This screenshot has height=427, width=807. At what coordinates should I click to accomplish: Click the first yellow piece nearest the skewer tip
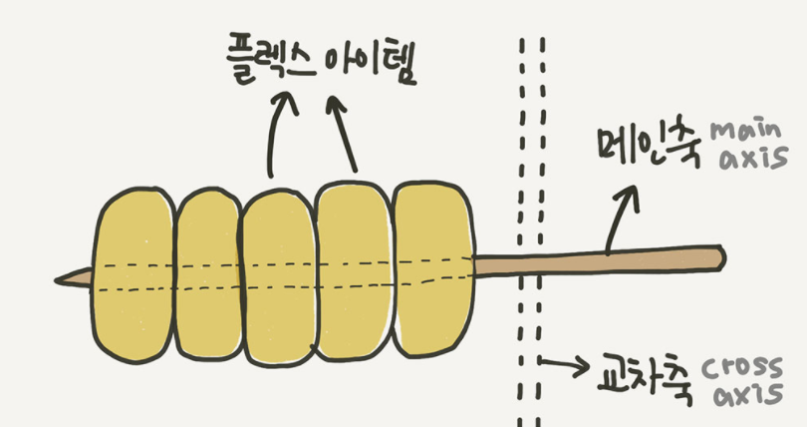pyautogui.click(x=134, y=275)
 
